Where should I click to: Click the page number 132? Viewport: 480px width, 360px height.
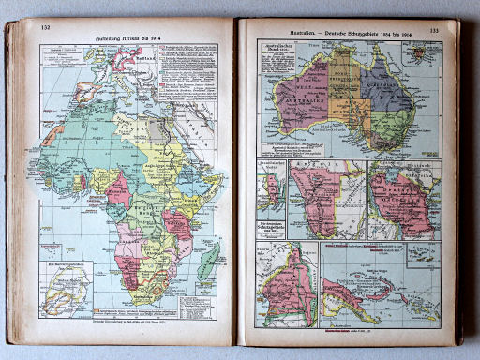pos(44,27)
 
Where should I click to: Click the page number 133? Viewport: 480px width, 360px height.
pos(433,31)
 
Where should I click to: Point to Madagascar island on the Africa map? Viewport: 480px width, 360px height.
pos(208,259)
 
